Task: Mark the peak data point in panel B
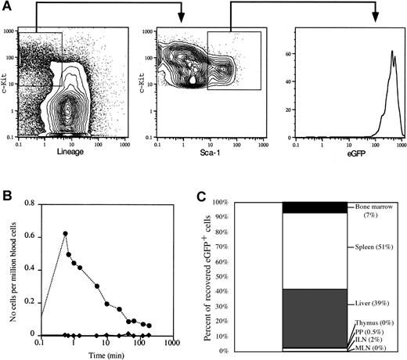[65, 233]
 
